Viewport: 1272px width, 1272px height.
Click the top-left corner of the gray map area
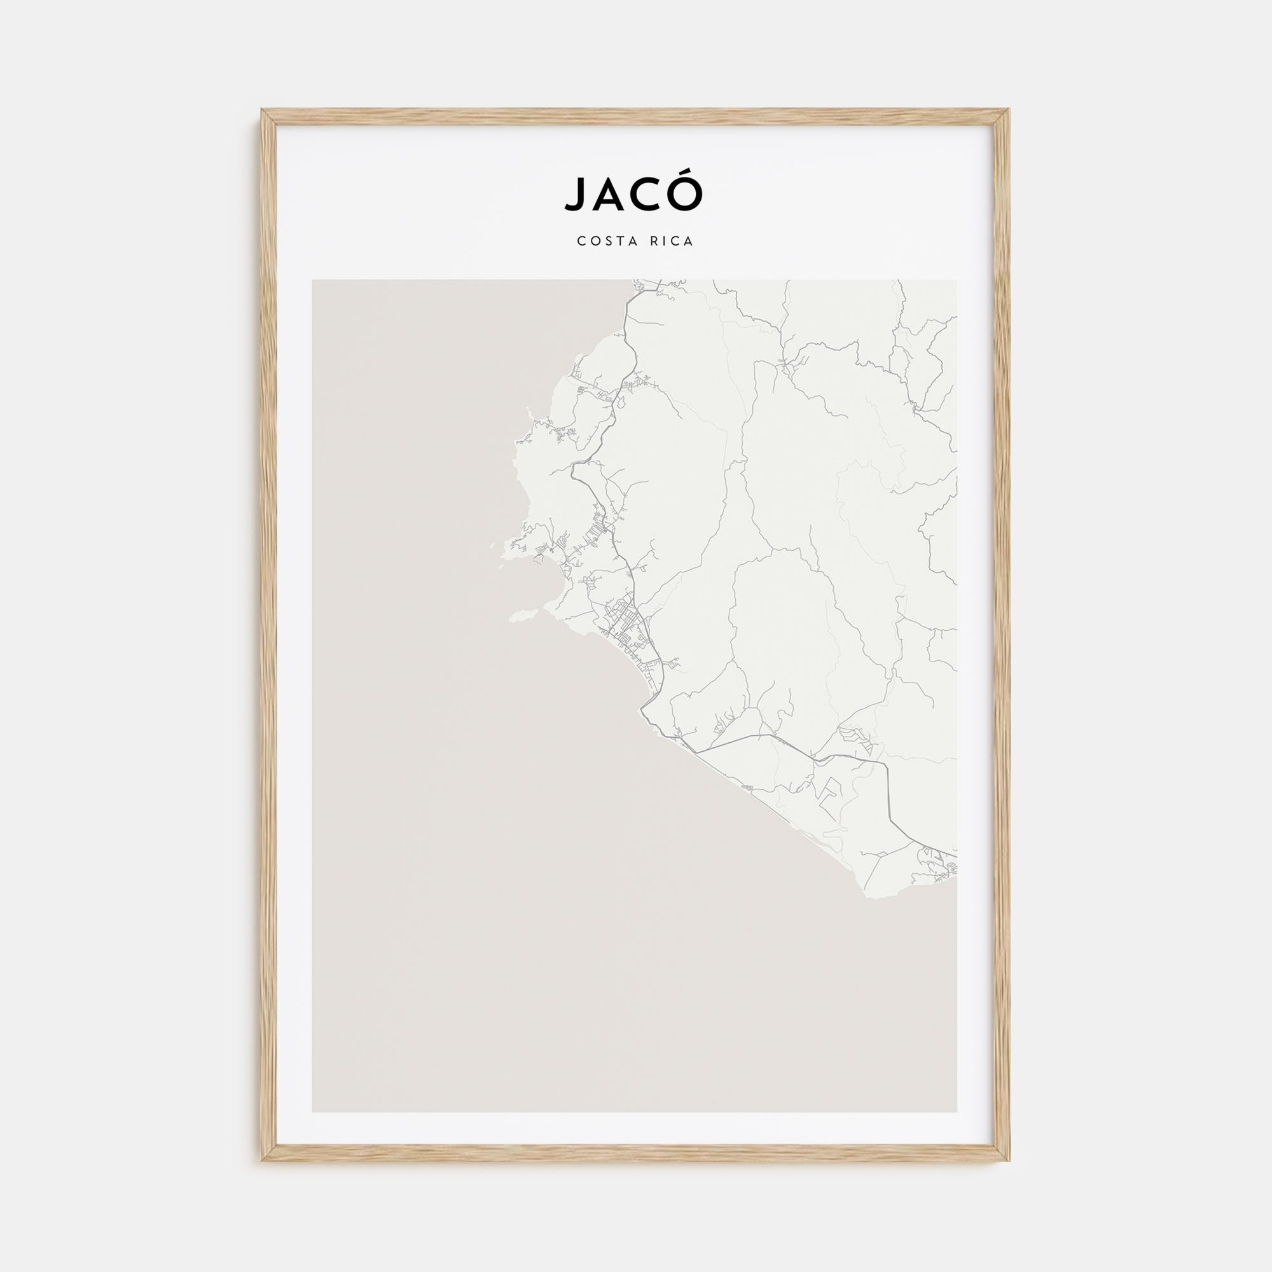(313, 281)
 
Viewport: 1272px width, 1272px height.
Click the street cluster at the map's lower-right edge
(938, 863)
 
